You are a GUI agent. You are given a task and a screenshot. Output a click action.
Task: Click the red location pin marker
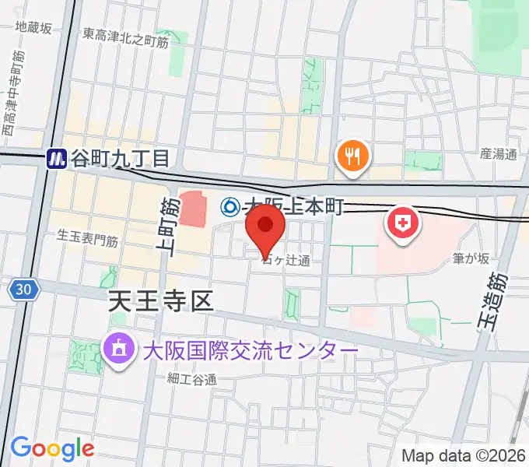tap(265, 226)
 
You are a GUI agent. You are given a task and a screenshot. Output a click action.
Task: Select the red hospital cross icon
tap(402, 224)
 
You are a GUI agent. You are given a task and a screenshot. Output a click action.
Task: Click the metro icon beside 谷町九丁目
tap(56, 159)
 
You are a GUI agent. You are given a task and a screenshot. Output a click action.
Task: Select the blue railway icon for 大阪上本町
tap(230, 207)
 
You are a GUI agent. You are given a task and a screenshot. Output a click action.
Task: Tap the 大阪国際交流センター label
tap(250, 351)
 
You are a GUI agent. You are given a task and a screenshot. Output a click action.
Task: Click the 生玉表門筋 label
tap(88, 239)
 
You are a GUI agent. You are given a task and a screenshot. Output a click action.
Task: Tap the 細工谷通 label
tap(191, 379)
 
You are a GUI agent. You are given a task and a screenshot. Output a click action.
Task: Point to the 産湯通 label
tap(498, 153)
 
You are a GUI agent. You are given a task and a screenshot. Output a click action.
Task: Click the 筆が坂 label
tap(472, 257)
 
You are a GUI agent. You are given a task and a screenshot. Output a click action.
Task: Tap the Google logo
tap(52, 448)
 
